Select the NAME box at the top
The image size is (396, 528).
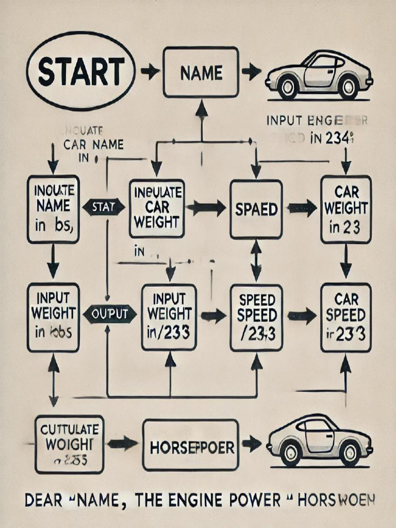(201, 72)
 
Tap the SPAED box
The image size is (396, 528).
(256, 209)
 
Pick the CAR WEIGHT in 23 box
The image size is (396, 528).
(346, 209)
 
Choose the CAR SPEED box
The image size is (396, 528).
(346, 317)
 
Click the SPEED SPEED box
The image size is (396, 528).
(256, 317)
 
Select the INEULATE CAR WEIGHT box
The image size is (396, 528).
(157, 208)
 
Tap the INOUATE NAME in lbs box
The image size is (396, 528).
(53, 209)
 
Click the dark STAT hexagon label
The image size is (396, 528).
(104, 208)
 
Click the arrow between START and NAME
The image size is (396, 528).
(150, 72)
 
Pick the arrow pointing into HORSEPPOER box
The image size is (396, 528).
(123, 443)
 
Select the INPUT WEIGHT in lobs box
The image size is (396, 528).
(53, 317)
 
